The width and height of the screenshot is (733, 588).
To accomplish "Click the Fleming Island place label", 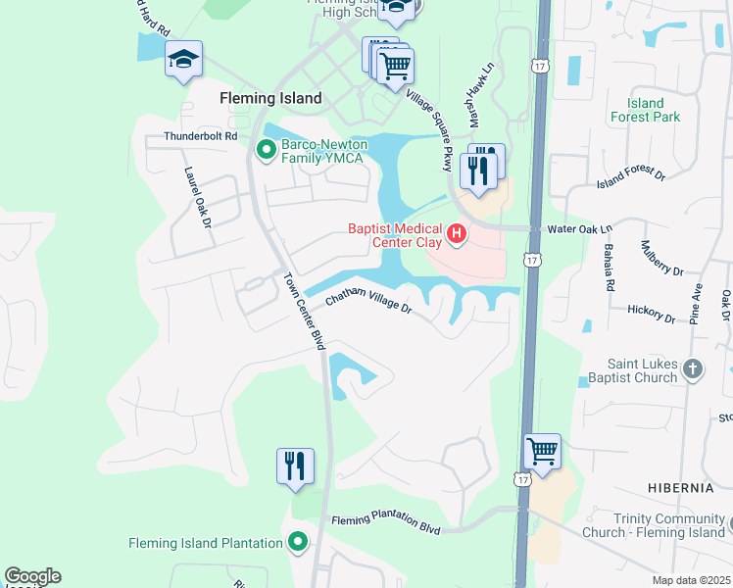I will click(x=269, y=98).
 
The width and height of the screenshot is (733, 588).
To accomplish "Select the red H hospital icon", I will click(x=456, y=234).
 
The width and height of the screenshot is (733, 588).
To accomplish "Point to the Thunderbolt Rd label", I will click(x=201, y=136).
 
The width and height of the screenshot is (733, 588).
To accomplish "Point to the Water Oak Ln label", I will click(x=578, y=228).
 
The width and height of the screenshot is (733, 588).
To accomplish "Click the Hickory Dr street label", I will click(x=651, y=313).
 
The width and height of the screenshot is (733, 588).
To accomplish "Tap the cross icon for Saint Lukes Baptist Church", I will click(x=693, y=368).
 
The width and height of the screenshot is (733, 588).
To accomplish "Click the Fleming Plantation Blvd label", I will click(x=386, y=524).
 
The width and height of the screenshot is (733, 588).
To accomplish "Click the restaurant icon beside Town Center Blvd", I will click(x=295, y=465).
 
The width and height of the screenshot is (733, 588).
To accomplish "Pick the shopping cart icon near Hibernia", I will click(x=542, y=451).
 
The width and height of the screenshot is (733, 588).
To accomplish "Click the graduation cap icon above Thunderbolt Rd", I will click(x=183, y=60).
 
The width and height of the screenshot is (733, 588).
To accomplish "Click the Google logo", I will click(x=32, y=576).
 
